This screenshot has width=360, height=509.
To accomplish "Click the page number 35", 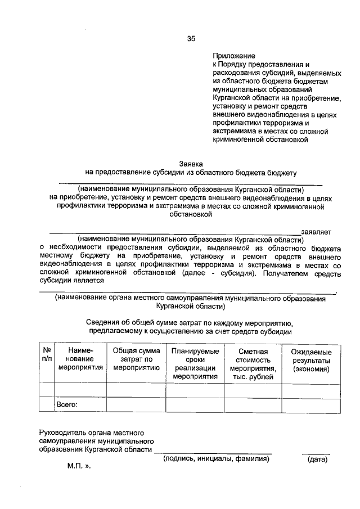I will [191, 39].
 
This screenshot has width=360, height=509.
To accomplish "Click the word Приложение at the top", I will [233, 56].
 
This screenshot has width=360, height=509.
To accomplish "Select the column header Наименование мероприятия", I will [80, 359].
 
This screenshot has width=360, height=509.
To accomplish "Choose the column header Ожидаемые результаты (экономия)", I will [311, 359].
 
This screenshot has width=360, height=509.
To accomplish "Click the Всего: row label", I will [66, 404].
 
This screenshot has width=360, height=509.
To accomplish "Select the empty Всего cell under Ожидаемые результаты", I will [311, 405].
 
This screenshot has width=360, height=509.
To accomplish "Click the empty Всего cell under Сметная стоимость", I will [252, 405].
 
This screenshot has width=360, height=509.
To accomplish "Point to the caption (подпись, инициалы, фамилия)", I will [217, 459].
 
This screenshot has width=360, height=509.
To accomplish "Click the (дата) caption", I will [317, 460].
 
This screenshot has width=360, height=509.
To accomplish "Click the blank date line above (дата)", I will [316, 453].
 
